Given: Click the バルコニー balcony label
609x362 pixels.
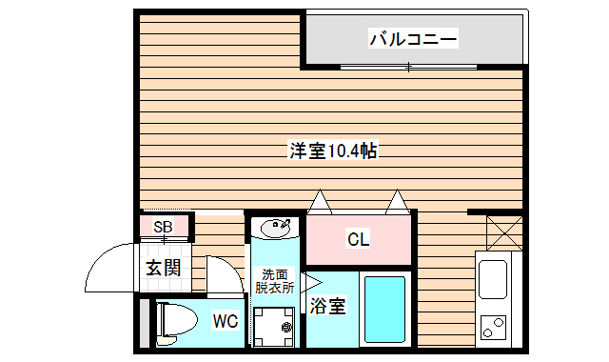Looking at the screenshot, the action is (x=413, y=39).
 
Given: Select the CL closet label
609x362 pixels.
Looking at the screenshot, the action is (x=358, y=239).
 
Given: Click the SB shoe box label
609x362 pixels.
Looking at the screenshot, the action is (x=163, y=227).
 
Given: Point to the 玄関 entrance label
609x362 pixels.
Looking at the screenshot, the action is (x=163, y=268).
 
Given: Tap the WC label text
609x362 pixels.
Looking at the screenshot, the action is (x=225, y=321).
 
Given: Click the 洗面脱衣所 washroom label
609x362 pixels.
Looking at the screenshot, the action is (x=274, y=281).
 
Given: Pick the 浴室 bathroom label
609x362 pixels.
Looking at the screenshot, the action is (x=327, y=307).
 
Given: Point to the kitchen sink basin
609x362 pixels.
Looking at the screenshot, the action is (x=495, y=279).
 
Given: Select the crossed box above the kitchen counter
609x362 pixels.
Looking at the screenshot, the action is (x=503, y=231).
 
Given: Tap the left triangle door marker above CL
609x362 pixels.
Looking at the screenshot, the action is (x=320, y=203).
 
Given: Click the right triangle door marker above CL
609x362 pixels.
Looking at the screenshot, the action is (x=397, y=203).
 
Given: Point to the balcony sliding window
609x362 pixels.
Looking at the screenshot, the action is (x=409, y=67).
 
